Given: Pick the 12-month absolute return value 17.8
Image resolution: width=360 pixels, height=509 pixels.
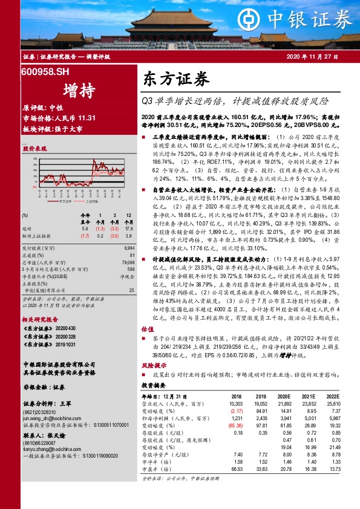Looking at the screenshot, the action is pos(129,229).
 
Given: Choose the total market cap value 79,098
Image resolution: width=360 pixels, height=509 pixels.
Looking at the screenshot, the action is pos(126,262).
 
